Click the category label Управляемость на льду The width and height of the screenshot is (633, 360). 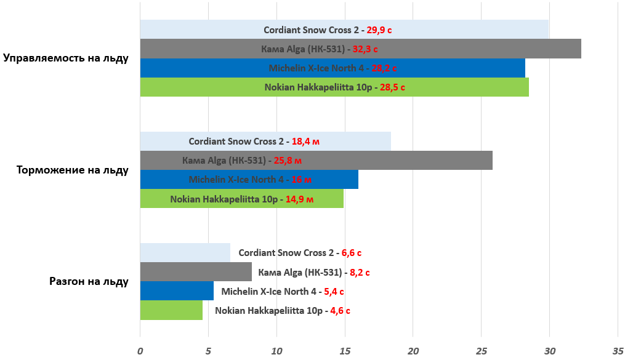click(66, 58)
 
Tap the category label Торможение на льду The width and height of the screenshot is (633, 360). click(73, 170)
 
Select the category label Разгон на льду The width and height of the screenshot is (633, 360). click(89, 282)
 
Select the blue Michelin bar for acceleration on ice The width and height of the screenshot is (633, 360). click(177, 291)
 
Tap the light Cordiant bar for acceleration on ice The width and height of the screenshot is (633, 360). click(185, 253)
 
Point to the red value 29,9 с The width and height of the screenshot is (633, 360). click(379, 30)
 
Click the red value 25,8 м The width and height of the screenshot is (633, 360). click(288, 161)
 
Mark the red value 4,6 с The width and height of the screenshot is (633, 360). click(340, 311)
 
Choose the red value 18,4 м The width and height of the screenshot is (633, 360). click(305, 142)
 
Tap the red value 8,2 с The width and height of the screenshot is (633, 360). click(360, 272)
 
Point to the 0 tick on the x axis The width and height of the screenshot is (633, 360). click(140, 351)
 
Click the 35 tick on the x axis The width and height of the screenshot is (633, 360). click(618, 351)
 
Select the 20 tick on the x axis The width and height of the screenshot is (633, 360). click(413, 351)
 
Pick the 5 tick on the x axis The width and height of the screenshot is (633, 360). click(208, 351)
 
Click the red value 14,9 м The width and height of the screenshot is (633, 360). click(300, 199)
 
